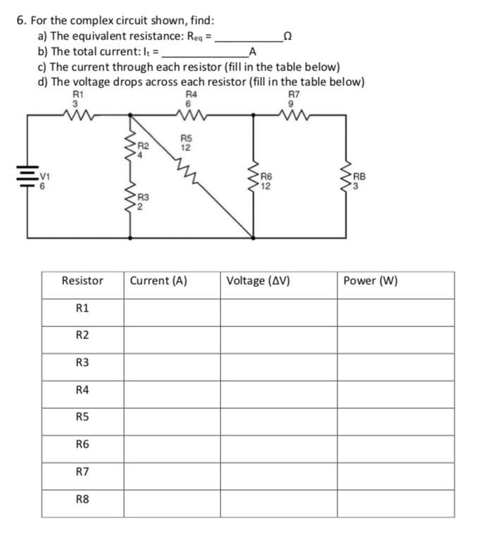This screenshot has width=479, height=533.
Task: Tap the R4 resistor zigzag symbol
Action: pos(191,116)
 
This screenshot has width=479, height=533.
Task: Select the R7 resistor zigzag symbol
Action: pos(294,116)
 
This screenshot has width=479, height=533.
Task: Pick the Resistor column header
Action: pos(82,281)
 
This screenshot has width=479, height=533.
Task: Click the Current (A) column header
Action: pos(158,281)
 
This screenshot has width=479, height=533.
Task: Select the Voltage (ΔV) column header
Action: pos(259,281)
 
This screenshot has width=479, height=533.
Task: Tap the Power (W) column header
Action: pos(371,281)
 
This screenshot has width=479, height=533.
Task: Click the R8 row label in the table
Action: pos(82,498)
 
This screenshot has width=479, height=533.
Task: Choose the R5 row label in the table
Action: pos(82,417)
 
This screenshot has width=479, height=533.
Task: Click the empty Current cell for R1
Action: pos(173,308)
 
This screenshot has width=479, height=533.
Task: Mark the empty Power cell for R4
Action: pos(395,389)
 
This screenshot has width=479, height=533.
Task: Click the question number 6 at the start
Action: pos(20,20)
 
